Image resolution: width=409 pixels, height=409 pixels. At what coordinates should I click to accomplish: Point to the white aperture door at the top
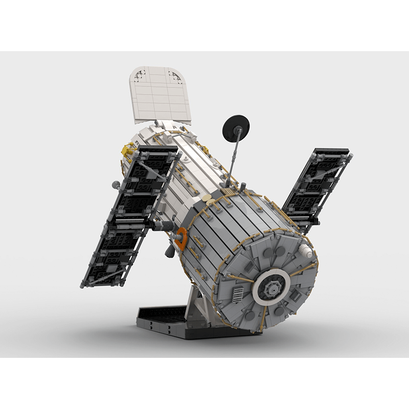[160, 95]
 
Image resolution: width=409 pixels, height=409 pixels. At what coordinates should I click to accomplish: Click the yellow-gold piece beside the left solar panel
[126, 152]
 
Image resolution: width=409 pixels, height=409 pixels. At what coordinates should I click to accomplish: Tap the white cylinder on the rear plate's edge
[305, 251]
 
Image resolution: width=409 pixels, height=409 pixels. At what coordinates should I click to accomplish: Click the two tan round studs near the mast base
[208, 197]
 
